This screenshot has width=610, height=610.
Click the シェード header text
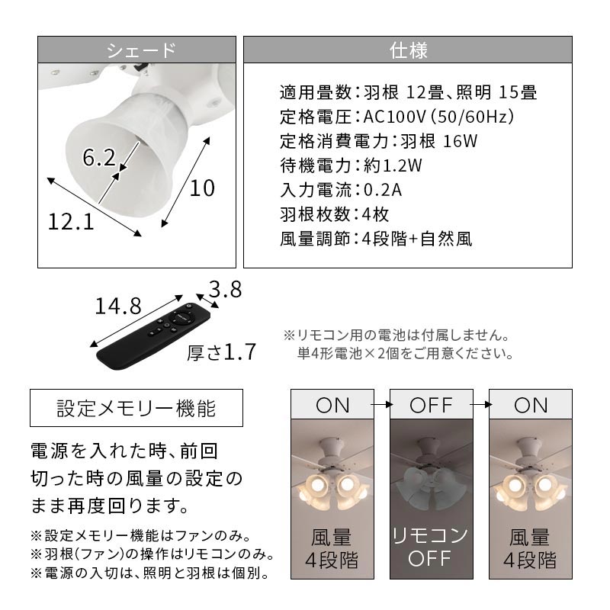click(x=141, y=50)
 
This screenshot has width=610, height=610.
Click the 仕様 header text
click(x=409, y=50)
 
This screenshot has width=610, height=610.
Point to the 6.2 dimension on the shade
click(x=99, y=158)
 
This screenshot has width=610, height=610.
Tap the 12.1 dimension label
click(x=71, y=222)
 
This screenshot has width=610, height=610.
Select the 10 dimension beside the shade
click(x=202, y=188)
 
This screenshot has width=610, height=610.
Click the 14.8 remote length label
click(x=118, y=307)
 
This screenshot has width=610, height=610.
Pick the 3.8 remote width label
click(x=225, y=289)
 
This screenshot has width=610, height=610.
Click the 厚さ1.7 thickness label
click(x=221, y=352)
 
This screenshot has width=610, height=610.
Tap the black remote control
click(x=153, y=336)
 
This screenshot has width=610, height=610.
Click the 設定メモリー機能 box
click(x=136, y=408)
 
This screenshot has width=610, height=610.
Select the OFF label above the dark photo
click(x=431, y=405)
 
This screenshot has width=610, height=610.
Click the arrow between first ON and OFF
click(x=382, y=405)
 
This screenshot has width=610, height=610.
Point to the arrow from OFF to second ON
click(x=481, y=405)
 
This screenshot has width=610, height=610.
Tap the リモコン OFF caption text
click(x=431, y=547)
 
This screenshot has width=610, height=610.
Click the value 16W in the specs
click(x=461, y=141)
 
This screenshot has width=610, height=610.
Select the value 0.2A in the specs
click(x=383, y=190)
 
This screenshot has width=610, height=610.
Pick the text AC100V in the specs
click(x=394, y=117)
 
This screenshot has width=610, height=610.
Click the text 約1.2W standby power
click(x=393, y=165)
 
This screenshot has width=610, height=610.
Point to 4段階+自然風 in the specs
click(x=417, y=239)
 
